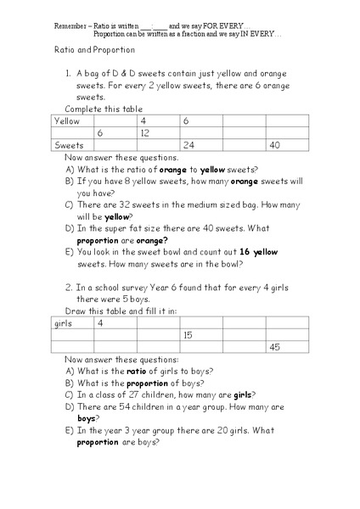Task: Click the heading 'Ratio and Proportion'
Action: click(x=83, y=51)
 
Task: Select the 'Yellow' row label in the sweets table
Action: click(x=67, y=121)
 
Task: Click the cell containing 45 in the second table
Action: click(x=274, y=347)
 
